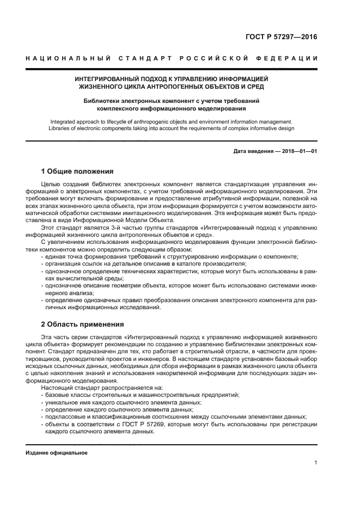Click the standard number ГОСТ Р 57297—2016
coord(282,38)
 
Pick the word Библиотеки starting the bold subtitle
coord(101,101)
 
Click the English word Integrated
coord(64,122)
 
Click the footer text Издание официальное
coord(57,452)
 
